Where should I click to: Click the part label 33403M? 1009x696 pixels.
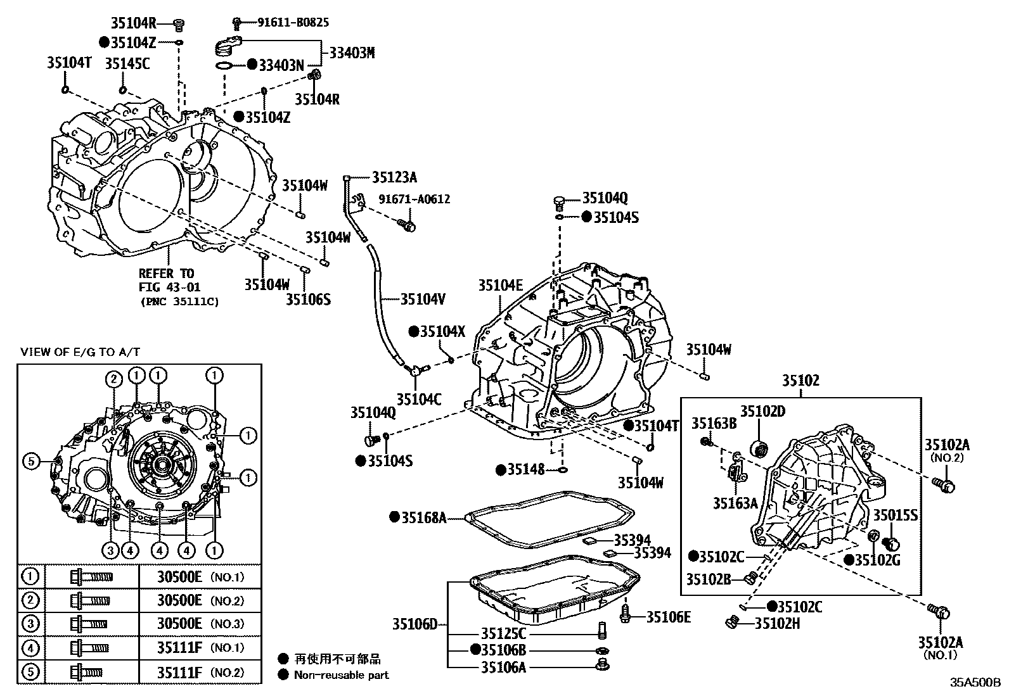pyautogui.click(x=352, y=53)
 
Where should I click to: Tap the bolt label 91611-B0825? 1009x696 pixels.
pyautogui.click(x=293, y=23)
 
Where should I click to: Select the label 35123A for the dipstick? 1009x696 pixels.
pyautogui.click(x=394, y=177)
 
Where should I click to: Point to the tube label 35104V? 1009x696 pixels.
pyautogui.click(x=423, y=298)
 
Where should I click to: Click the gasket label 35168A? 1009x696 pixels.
pyautogui.click(x=423, y=518)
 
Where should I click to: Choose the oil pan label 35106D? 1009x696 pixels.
pyautogui.click(x=415, y=624)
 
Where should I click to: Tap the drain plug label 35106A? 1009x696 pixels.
pyautogui.click(x=503, y=667)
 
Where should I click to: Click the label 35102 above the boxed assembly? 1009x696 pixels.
pyautogui.click(x=800, y=381)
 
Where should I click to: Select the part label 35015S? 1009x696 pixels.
pyautogui.click(x=896, y=515)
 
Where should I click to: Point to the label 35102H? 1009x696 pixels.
pyautogui.click(x=777, y=624)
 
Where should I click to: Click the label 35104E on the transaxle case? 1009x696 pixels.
pyautogui.click(x=501, y=285)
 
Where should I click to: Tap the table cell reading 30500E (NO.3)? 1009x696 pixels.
pyautogui.click(x=200, y=624)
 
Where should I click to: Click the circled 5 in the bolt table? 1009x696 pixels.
pyautogui.click(x=30, y=671)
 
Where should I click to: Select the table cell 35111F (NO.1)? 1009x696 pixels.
pyautogui.click(x=200, y=648)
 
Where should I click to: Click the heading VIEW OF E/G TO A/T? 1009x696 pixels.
pyautogui.click(x=80, y=352)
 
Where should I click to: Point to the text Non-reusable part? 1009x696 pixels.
pyautogui.click(x=341, y=675)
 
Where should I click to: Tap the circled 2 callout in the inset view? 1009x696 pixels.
pyautogui.click(x=113, y=380)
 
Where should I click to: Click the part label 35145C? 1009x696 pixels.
pyautogui.click(x=127, y=63)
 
